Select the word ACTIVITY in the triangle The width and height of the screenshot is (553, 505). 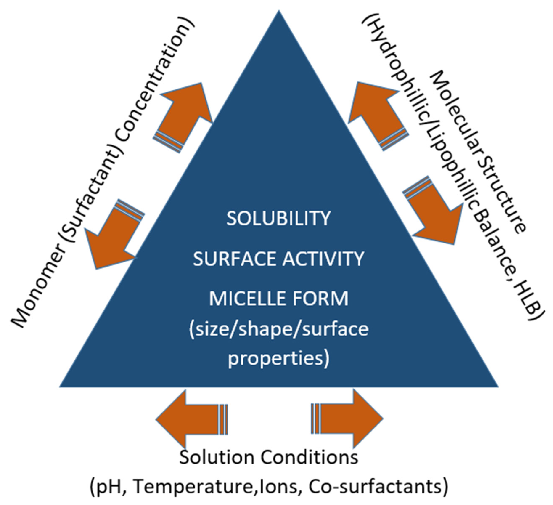[323, 259]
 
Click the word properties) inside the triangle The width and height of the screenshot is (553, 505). [278, 358]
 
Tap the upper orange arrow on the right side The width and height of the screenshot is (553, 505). [377, 113]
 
